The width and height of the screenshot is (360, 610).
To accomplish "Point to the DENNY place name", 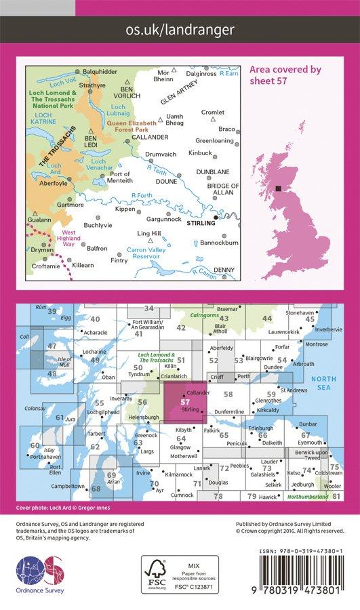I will pyautogui.click(x=223, y=270).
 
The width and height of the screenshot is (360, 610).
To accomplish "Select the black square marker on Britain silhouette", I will pyautogui.click(x=278, y=189).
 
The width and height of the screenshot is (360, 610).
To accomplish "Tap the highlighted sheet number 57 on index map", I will pyautogui.click(x=185, y=402).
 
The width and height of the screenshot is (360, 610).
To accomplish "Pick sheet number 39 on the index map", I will pyautogui.click(x=52, y=312).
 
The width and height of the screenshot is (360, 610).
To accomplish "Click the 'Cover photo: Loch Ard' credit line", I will pyautogui.click(x=66, y=507).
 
